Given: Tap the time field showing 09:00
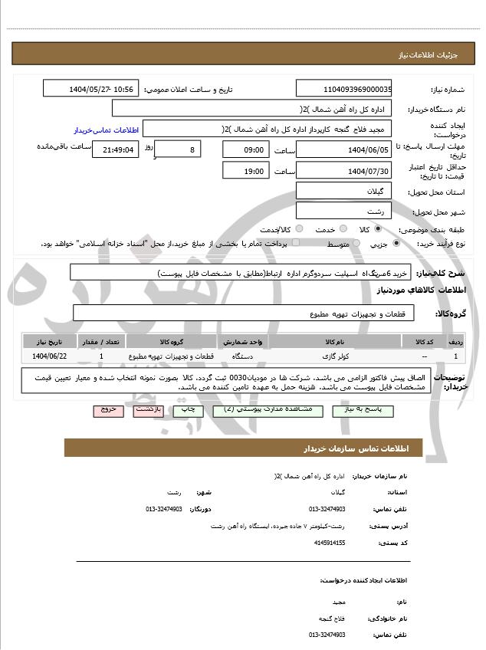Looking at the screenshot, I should (246, 149).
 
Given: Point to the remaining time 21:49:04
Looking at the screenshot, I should (115, 150).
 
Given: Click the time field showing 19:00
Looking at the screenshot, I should (246, 170).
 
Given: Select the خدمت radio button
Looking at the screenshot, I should (342, 229).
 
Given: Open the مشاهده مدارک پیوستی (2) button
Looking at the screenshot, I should (263, 410).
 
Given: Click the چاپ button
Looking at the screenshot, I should (189, 410).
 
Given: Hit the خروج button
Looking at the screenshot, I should (108, 410).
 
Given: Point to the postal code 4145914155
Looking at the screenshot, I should (330, 543).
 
